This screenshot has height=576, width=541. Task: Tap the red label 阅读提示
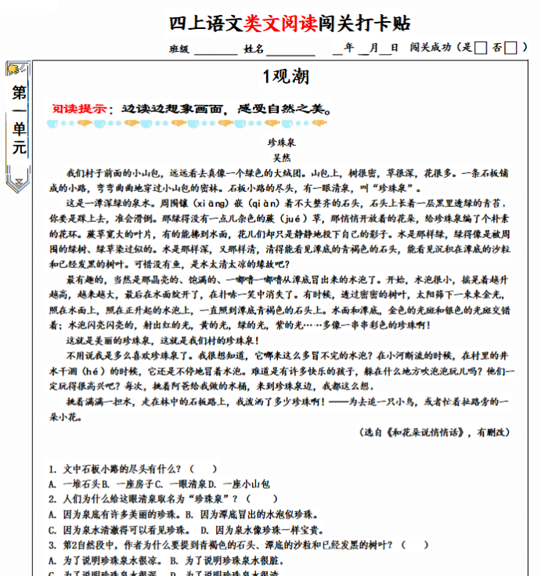point(79,109)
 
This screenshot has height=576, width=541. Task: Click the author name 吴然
point(281,158)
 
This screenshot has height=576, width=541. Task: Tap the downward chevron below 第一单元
point(18,183)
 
